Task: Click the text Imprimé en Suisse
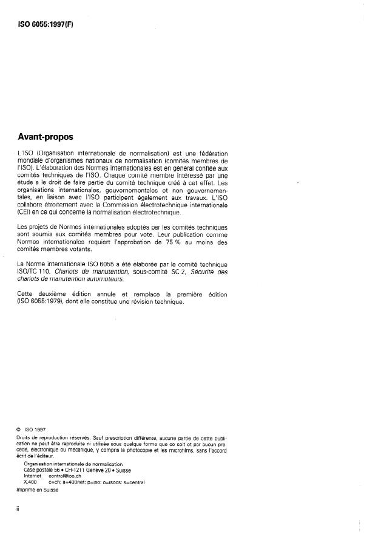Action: [37, 490]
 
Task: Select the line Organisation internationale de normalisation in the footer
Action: [69, 464]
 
